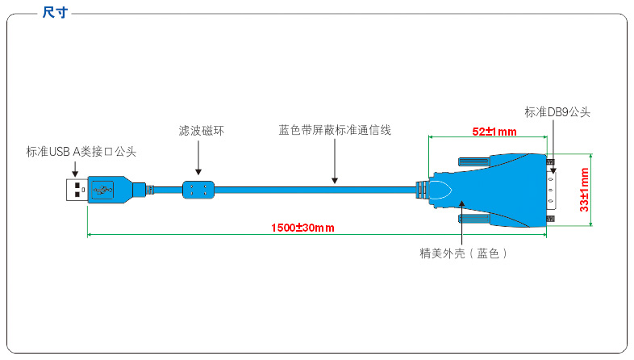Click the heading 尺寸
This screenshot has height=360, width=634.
(55, 12)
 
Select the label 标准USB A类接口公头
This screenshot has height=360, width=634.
(81, 152)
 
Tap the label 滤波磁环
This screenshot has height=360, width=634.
(201, 131)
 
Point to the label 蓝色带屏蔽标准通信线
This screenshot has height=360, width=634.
(335, 130)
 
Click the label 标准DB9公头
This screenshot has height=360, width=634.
(557, 112)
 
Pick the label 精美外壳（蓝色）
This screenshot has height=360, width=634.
(463, 253)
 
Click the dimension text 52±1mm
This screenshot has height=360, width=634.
(494, 132)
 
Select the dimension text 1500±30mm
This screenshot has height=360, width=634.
(302, 228)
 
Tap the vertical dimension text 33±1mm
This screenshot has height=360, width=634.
(584, 190)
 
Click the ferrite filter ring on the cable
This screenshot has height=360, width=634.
(198, 190)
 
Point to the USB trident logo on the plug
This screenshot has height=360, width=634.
(102, 190)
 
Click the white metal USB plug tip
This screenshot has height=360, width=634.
(77, 190)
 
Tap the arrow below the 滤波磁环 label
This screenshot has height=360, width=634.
(198, 157)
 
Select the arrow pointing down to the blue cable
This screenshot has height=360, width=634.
(335, 161)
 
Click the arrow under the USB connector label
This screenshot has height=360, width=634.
(75, 169)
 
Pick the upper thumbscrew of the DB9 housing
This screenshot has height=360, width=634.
(473, 161)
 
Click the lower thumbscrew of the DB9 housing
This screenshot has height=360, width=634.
(473, 219)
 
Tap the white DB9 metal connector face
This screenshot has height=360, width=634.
(551, 190)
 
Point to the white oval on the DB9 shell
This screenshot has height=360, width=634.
(440, 190)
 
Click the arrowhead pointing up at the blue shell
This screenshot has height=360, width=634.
(461, 204)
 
